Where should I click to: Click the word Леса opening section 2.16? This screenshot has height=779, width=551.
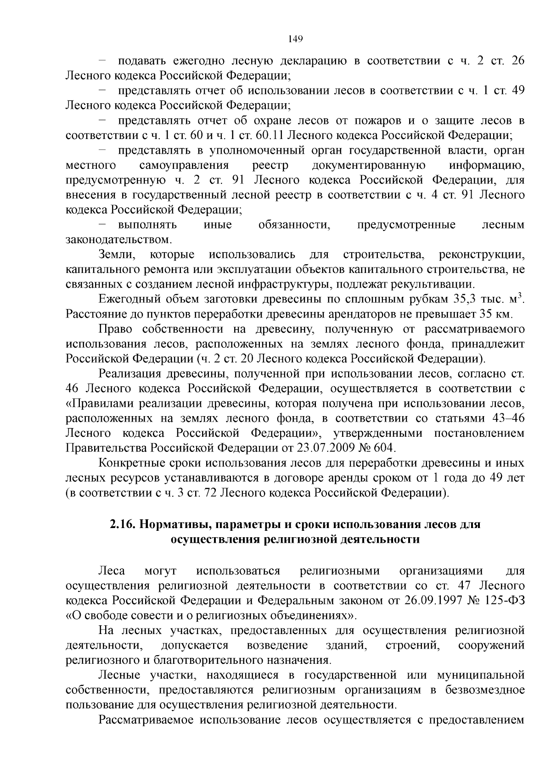(x=112, y=571)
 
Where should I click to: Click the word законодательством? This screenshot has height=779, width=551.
(x=119, y=239)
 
